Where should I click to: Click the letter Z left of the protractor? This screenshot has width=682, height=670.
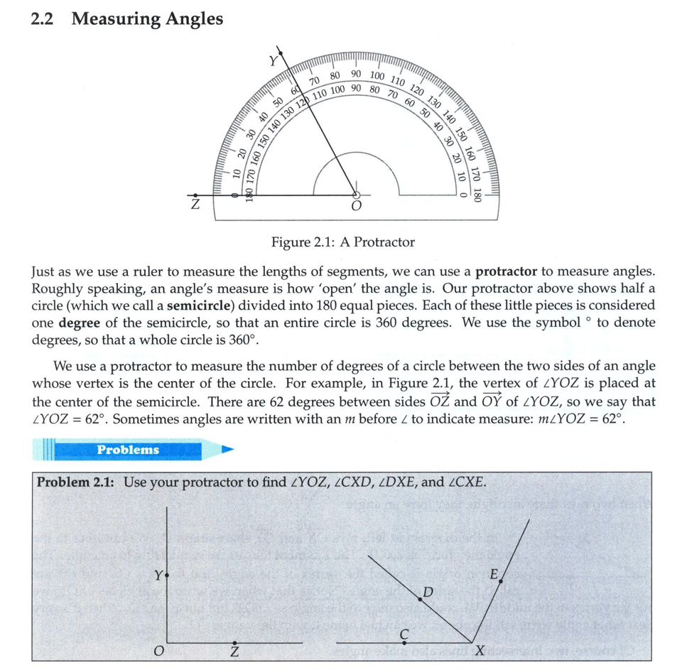click(x=194, y=206)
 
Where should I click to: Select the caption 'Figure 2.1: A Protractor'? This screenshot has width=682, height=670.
click(x=343, y=242)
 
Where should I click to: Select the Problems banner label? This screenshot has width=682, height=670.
click(x=128, y=450)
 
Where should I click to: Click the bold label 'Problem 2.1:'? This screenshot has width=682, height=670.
click(x=77, y=482)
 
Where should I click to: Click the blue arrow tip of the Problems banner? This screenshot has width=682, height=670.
click(x=227, y=450)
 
